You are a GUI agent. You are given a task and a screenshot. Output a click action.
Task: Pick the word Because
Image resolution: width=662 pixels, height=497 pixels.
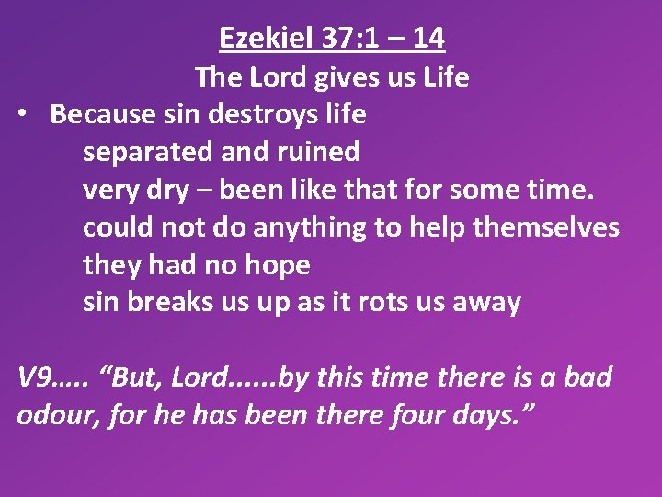pyautogui.click(x=100, y=114)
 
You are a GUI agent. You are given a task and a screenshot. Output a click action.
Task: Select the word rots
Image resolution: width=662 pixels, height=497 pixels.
pyautogui.click(x=389, y=303)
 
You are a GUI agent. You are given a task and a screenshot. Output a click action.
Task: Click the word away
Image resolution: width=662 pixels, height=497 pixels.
pyautogui.click(x=488, y=303)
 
